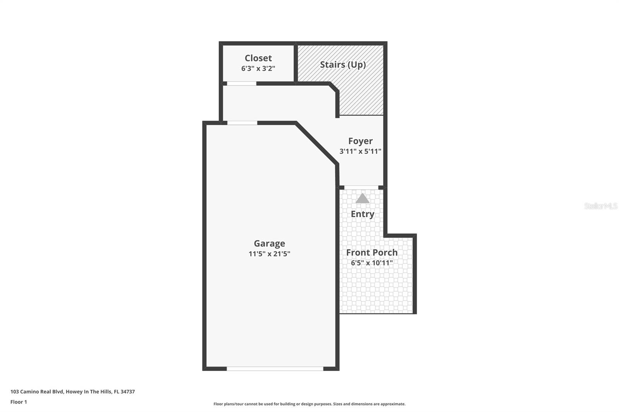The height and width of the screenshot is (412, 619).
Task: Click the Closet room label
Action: tap(258, 58)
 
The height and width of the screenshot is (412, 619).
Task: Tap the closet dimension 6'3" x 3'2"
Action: tap(258, 68)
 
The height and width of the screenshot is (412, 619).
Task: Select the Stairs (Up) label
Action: tap(343, 65)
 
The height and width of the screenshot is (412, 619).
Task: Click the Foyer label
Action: tap(360, 141)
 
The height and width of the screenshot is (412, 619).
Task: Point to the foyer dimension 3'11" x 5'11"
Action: tap(360, 151)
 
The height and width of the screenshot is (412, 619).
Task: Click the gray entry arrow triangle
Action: tap(363, 199)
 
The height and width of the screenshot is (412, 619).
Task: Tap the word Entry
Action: tap(363, 214)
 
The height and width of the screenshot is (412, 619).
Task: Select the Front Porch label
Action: tap(372, 252)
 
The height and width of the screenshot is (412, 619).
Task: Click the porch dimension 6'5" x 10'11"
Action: tap(372, 263)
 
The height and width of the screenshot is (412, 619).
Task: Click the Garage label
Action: tap(269, 243)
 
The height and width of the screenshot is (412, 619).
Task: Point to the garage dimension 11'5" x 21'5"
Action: tap(269, 254)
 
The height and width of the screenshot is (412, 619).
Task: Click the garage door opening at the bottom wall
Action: tap(275, 369)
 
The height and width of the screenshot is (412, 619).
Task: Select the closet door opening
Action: tap(241, 83)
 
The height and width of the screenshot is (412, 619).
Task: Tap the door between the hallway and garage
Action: tap(242, 123)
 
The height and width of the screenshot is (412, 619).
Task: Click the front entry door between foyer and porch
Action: tap(361, 187)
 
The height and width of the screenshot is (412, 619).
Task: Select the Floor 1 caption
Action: tap(19, 402)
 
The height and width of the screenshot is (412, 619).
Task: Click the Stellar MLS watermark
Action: tap(600, 206)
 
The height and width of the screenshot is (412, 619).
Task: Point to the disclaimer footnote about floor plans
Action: tap(309, 404)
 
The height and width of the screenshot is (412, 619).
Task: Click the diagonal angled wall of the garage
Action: tap(316, 144)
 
